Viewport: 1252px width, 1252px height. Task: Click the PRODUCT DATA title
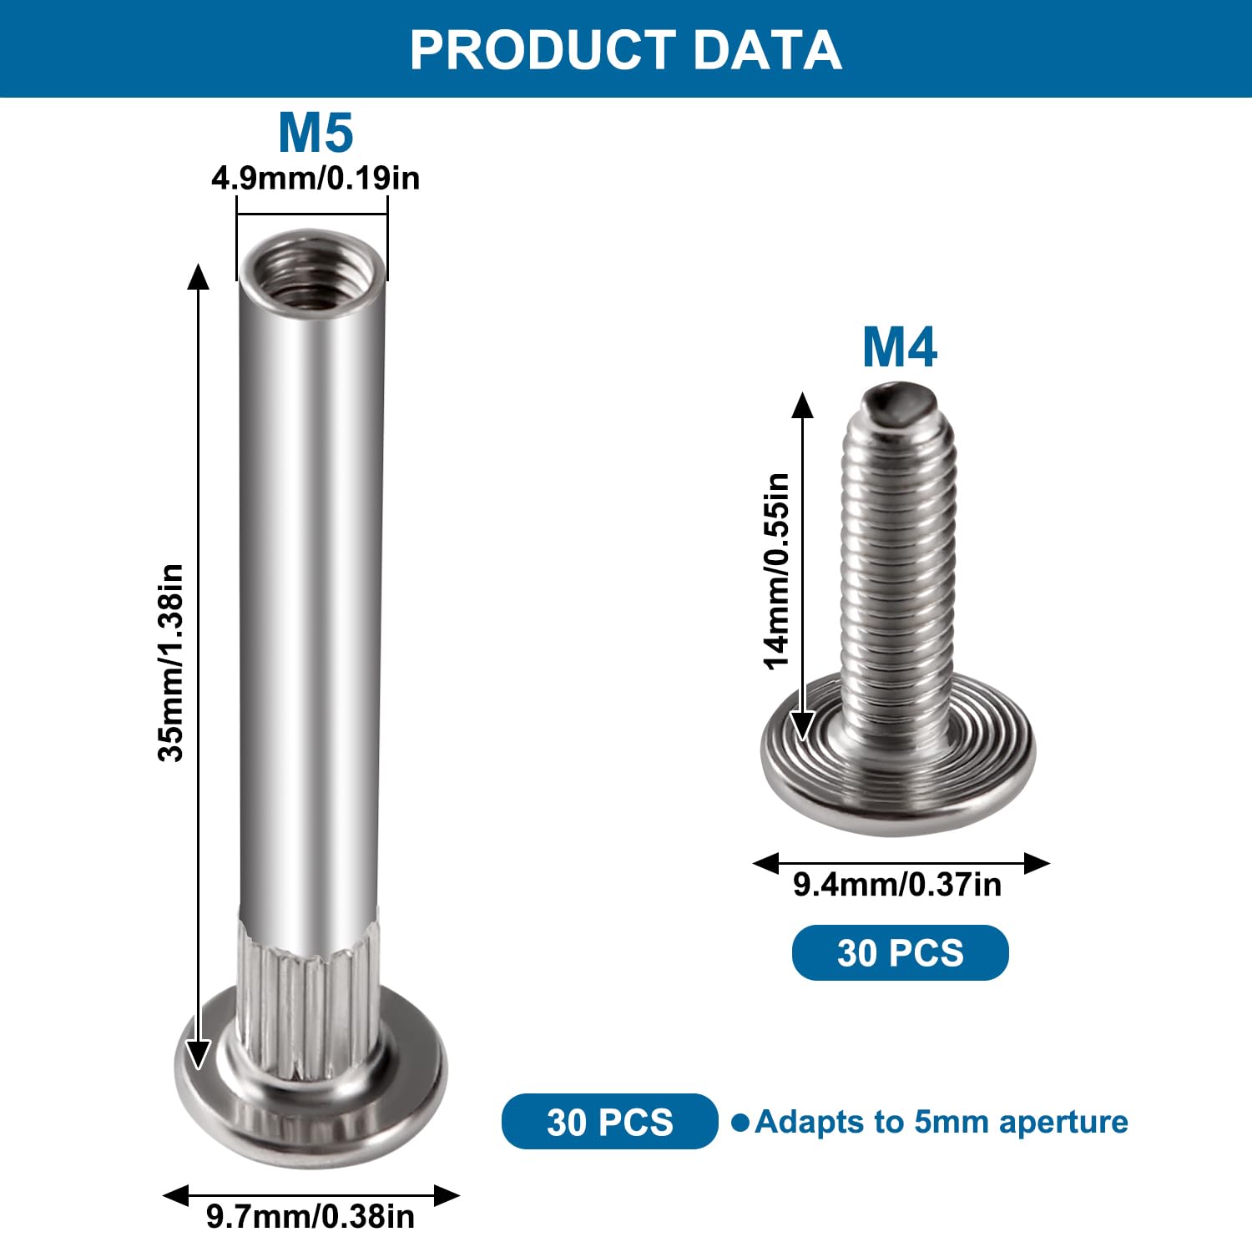pos(625,50)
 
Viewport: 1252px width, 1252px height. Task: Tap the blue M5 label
pos(316,133)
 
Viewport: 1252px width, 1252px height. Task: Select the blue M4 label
pos(900,347)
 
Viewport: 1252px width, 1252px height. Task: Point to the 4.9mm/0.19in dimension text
pos(316,179)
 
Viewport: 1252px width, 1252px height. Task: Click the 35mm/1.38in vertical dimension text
pos(171,663)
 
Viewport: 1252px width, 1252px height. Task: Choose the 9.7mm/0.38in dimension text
pos(310,1217)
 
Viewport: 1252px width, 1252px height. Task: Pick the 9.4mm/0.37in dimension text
pos(897,885)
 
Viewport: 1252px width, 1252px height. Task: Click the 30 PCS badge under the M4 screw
pos(901,952)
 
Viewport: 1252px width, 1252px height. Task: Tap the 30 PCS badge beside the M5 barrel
pos(610,1121)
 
